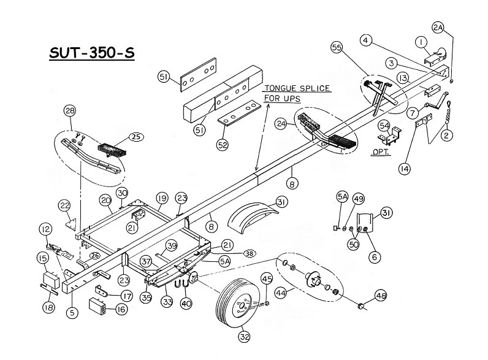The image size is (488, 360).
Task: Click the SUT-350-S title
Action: [x=92, y=53]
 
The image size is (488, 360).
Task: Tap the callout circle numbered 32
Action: [x=245, y=336]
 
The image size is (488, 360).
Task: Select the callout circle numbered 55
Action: [x=337, y=47]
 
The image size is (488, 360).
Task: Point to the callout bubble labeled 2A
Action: [x=438, y=28]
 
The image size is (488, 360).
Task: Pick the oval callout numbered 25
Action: [x=136, y=137]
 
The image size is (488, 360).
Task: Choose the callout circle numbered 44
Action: [x=281, y=293]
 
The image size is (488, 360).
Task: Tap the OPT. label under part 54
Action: [x=381, y=151]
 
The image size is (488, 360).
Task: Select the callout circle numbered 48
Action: [x=381, y=295]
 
